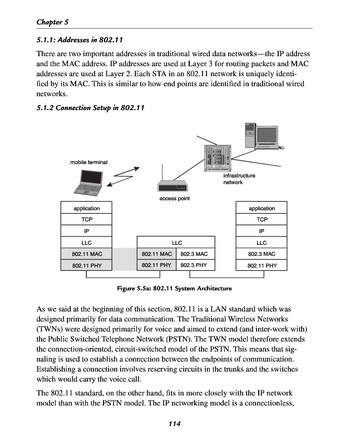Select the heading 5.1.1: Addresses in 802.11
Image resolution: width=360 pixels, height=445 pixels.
tap(79, 39)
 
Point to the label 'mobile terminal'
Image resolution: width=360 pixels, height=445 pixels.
tap(88, 162)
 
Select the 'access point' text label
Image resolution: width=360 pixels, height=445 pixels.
tap(174, 199)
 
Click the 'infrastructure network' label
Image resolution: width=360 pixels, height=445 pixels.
tap(239, 179)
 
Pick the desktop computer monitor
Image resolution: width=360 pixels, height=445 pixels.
tap(259, 135)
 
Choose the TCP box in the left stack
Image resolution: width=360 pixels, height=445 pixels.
tap(86, 220)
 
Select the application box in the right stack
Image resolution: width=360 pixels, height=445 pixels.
tap(262, 209)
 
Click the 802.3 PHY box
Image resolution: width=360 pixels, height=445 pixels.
tap(194, 265)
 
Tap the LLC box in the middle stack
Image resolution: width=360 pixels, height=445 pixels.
tap(176, 243)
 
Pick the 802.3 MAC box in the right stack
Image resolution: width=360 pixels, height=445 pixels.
tap(262, 254)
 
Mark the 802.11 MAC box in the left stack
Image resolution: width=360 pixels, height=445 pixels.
tap(86, 254)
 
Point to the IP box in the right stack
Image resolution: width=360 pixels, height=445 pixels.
tap(262, 231)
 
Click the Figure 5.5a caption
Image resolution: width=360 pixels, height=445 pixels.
tap(174, 288)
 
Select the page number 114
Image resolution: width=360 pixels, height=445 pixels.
tap(175, 424)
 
